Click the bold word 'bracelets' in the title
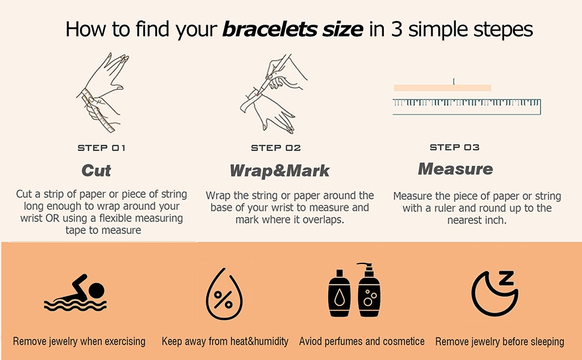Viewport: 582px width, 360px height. pyautogui.click(x=270, y=29)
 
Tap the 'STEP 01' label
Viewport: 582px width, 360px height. pyautogui.click(x=101, y=148)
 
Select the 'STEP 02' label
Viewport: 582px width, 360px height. pyautogui.click(x=276, y=148)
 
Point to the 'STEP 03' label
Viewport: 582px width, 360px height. pyautogui.click(x=454, y=148)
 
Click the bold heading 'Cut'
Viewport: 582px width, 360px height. pyautogui.click(x=96, y=171)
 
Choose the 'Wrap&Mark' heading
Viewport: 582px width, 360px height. pyautogui.click(x=280, y=171)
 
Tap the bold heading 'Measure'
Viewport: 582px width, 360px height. pyautogui.click(x=455, y=169)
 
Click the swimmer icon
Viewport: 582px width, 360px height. pyautogui.click(x=76, y=293)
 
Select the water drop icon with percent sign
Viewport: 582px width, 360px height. pyautogui.click(x=224, y=294)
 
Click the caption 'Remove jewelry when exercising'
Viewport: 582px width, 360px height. pyautogui.click(x=79, y=341)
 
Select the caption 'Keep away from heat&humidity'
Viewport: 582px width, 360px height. pyautogui.click(x=225, y=341)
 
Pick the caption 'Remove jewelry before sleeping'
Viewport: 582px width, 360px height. pyautogui.click(x=500, y=341)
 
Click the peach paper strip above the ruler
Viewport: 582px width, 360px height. pyautogui.click(x=442, y=88)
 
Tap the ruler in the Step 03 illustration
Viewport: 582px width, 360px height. pyautogui.click(x=467, y=107)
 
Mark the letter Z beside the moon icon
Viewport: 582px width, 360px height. pyautogui.click(x=506, y=278)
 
